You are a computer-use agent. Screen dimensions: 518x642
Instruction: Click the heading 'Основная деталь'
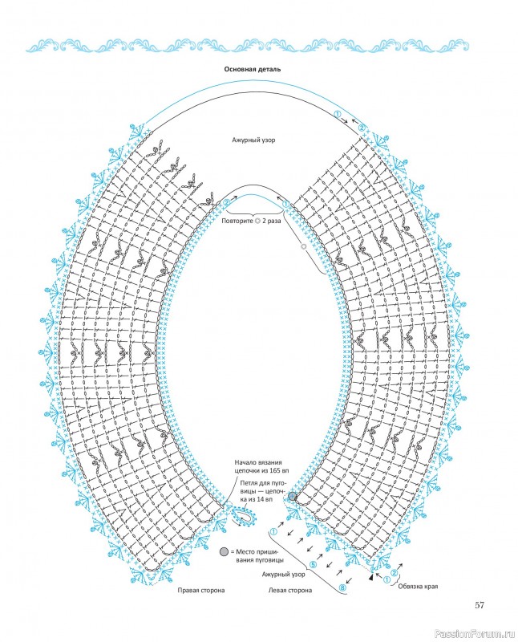click(252, 69)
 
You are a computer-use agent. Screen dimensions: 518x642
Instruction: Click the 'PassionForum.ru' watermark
click(475, 634)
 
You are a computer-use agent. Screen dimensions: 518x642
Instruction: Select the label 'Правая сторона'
click(201, 590)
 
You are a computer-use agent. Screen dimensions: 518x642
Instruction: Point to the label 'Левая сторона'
click(289, 590)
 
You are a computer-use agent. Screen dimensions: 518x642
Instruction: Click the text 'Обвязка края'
click(418, 586)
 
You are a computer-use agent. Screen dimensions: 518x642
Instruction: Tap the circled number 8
click(343, 588)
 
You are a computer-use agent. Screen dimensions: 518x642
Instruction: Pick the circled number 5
click(313, 565)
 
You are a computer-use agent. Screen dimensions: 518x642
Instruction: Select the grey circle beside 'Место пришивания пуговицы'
click(224, 551)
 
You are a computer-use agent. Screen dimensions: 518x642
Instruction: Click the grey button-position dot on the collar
click(292, 496)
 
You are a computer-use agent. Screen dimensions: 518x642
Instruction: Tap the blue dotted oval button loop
click(244, 516)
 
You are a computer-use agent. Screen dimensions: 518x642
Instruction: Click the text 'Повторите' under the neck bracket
click(237, 221)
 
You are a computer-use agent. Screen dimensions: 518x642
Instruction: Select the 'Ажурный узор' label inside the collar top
click(253, 140)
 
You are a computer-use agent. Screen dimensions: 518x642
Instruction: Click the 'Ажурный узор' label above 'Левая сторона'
click(284, 575)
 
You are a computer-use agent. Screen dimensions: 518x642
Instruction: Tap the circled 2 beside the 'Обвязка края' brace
click(395, 572)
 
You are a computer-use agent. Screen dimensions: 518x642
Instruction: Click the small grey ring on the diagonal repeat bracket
click(303, 246)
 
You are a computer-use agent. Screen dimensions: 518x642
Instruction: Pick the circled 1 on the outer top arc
click(338, 114)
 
